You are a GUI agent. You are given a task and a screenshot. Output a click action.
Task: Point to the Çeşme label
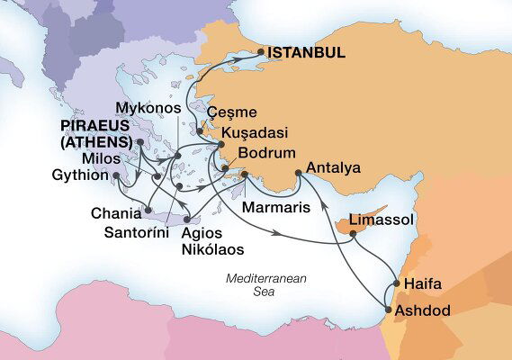(232, 113)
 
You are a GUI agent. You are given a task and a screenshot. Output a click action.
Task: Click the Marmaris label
(277, 207)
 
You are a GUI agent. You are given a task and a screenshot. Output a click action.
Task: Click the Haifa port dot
(394, 286)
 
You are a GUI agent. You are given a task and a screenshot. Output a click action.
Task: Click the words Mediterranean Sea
(266, 285)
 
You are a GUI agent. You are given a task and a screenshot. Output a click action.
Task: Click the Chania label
(116, 214)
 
